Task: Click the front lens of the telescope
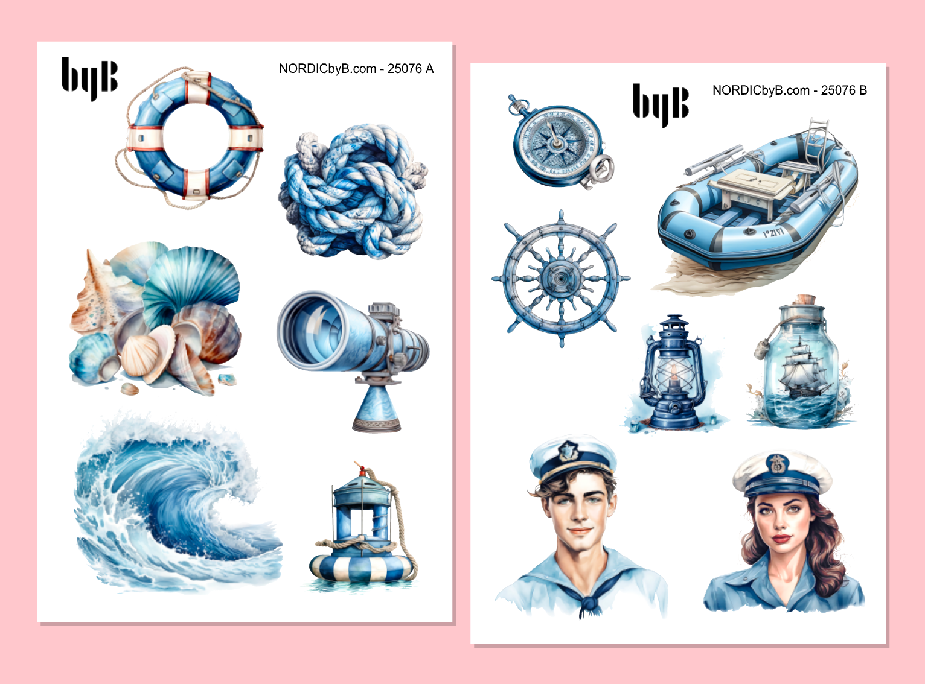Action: click(x=311, y=330)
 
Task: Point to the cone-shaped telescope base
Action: click(x=377, y=408)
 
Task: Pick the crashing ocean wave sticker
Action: click(x=175, y=504)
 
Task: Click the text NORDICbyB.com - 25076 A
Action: click(x=356, y=69)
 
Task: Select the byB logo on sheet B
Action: click(x=661, y=105)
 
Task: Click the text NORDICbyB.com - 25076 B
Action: click(x=790, y=90)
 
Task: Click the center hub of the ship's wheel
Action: click(x=562, y=278)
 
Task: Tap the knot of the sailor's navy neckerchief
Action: click(x=590, y=603)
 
